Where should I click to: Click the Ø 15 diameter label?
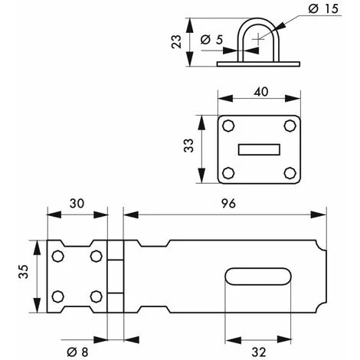323,8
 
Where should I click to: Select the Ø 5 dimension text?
211,40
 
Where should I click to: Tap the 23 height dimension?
176,41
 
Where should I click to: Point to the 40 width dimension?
261,92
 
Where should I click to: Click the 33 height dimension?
188,146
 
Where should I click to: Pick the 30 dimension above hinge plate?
77,204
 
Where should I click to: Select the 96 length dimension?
228,204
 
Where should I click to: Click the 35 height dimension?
23,271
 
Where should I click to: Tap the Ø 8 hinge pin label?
77,352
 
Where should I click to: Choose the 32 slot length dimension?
259,352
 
